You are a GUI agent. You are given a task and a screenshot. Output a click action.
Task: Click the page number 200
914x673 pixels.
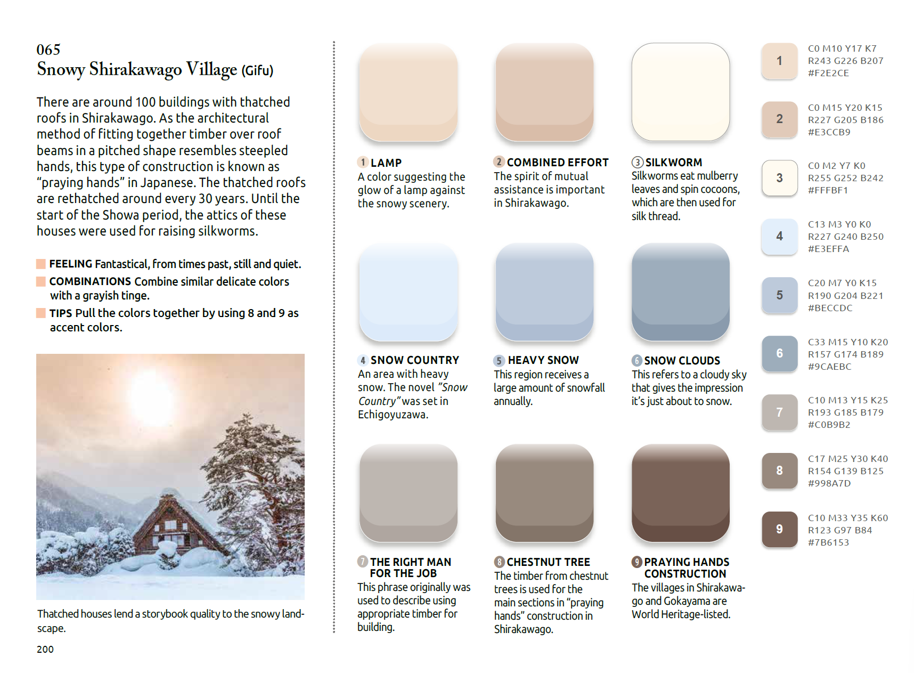click(45, 649)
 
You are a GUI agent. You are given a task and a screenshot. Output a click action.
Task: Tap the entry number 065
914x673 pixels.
click(48, 50)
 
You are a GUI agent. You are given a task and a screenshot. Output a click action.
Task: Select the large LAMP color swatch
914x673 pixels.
click(409, 92)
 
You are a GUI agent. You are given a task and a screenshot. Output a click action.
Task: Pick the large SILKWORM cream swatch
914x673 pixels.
click(681, 92)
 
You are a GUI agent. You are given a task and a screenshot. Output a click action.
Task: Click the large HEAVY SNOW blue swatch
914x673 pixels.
click(544, 292)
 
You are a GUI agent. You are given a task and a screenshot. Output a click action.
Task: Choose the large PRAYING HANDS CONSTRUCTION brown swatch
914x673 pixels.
click(681, 493)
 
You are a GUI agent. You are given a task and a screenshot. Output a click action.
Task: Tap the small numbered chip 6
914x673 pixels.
click(780, 353)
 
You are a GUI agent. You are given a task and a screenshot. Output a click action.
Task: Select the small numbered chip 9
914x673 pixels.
click(780, 529)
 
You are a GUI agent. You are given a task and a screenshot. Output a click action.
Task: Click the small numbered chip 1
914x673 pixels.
click(780, 61)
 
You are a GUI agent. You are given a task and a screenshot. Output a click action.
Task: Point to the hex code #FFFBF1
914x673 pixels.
click(829, 190)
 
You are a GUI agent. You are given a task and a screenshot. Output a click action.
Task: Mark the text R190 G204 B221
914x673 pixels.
click(846, 296)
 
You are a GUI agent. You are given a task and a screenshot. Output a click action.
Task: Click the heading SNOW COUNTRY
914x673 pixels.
click(415, 360)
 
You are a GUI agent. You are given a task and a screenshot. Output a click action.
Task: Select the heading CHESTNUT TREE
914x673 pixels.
click(549, 562)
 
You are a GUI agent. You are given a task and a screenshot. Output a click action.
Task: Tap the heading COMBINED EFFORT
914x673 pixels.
click(558, 163)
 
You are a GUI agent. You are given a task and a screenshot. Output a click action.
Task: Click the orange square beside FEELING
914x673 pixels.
click(41, 264)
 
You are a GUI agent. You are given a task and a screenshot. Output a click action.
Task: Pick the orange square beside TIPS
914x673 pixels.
click(41, 313)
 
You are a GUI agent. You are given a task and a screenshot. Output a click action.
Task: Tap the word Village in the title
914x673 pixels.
click(211, 69)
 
